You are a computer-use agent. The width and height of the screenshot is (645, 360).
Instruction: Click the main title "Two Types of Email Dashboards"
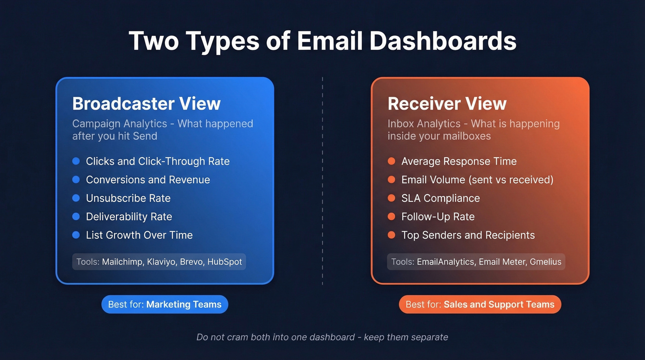click(322, 41)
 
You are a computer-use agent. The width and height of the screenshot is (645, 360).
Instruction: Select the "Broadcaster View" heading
click(147, 104)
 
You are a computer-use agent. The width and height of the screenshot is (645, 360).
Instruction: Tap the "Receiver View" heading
click(447, 104)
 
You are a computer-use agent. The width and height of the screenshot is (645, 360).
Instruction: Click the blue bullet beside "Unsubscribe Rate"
click(76, 198)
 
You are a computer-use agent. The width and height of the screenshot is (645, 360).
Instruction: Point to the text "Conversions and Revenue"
click(148, 180)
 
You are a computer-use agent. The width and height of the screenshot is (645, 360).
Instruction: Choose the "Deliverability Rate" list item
click(129, 217)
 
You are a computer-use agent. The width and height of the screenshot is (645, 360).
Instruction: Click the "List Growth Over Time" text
click(139, 235)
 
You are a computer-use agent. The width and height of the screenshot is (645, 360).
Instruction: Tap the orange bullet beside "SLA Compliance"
click(392, 198)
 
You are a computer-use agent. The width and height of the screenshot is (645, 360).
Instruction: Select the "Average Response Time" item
click(459, 161)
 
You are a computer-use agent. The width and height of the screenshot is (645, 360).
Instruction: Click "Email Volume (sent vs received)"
click(477, 180)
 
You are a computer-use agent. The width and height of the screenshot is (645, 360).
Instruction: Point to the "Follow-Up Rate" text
click(438, 217)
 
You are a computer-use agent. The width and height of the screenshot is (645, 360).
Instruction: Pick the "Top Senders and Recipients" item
click(468, 235)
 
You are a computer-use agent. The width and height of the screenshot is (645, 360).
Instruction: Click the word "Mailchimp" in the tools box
click(122, 262)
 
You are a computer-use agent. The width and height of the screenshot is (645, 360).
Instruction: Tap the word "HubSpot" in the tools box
click(224, 262)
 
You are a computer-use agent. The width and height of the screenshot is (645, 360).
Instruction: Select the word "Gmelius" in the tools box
click(545, 262)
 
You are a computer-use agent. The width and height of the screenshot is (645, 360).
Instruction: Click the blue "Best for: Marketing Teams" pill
click(164, 305)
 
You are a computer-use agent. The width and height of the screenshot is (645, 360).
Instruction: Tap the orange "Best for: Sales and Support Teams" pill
click(480, 305)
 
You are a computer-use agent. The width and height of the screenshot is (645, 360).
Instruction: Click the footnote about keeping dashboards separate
click(322, 337)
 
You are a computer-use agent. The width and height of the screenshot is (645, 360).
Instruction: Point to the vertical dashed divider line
click(322, 180)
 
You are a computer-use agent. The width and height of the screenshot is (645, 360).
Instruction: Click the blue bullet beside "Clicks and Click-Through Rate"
click(76, 161)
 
